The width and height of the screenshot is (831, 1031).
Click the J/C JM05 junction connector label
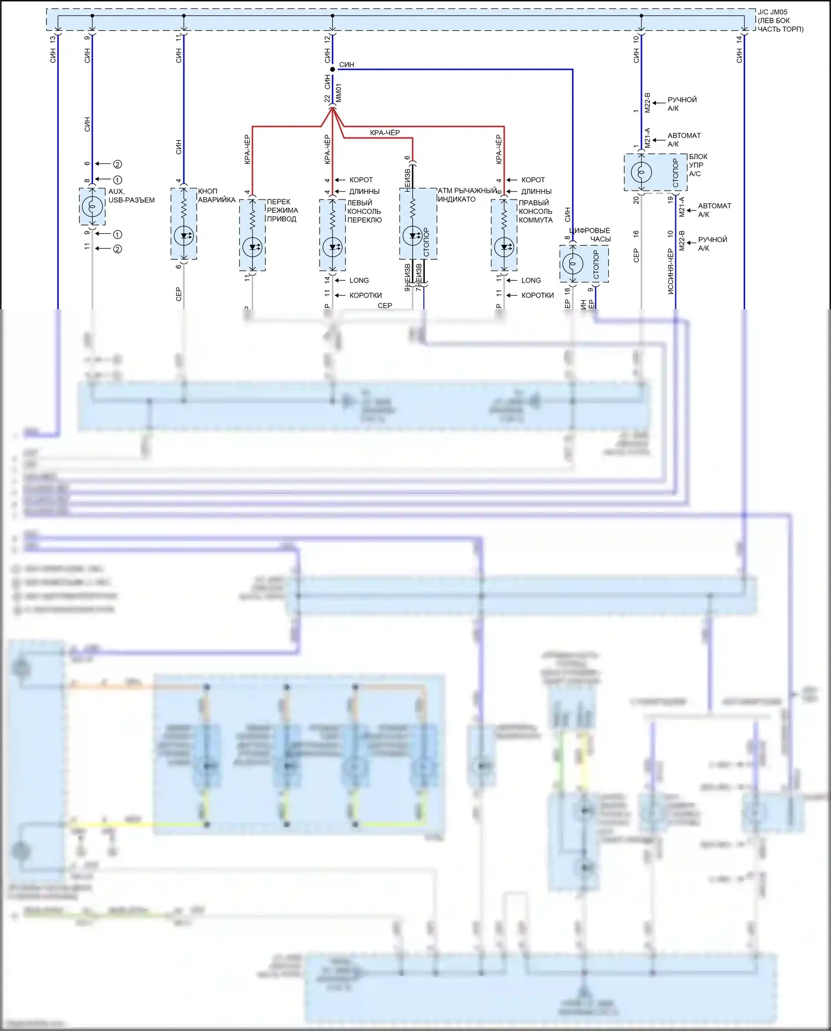pyautogui.click(x=780, y=20)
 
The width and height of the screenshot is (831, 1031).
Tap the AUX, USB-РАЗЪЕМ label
pyautogui.click(x=131, y=196)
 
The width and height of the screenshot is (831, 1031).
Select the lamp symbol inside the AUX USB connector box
pyautogui.click(x=92, y=207)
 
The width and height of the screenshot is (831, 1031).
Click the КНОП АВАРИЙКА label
pyautogui.click(x=217, y=196)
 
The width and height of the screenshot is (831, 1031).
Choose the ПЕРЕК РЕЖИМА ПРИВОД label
pyautogui.click(x=282, y=211)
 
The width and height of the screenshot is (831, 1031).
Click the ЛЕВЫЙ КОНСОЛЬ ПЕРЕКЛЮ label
pyautogui.click(x=364, y=211)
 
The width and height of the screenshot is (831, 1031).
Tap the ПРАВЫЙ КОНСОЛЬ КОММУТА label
pyautogui.click(x=535, y=211)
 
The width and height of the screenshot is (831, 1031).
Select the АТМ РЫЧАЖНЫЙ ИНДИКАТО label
pyautogui.click(x=467, y=194)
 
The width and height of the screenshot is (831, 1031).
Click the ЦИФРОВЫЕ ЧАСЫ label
pyautogui.click(x=591, y=235)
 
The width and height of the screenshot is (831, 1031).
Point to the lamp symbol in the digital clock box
pyautogui.click(x=573, y=263)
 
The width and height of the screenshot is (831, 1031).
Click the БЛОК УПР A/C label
pyautogui.click(x=697, y=165)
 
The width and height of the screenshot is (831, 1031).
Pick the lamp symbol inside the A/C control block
pyautogui.click(x=642, y=172)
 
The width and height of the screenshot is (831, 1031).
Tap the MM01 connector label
pyautogui.click(x=338, y=93)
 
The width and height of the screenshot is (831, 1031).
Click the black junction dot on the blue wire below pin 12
pyautogui.click(x=332, y=69)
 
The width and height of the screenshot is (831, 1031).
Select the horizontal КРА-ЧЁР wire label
pyautogui.click(x=384, y=133)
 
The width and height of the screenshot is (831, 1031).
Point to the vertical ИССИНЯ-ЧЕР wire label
pyautogui.click(x=670, y=271)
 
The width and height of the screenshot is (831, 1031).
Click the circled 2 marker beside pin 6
pyautogui.click(x=117, y=164)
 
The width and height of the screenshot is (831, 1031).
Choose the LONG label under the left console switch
pyautogui.click(x=359, y=280)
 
